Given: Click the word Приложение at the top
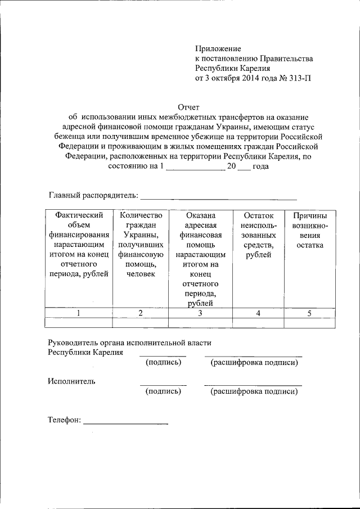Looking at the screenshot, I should (x=218, y=49).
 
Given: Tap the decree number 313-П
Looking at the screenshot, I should (x=298, y=78).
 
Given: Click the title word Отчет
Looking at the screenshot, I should (x=188, y=107).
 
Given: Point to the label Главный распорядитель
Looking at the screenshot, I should (x=93, y=195).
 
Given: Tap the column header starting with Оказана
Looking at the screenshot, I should (x=201, y=259).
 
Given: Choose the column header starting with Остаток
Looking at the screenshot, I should (x=259, y=235).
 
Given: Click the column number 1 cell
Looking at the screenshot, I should (x=78, y=313).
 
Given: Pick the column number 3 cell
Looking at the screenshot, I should (x=201, y=313).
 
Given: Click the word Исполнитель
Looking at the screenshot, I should (x=71, y=381).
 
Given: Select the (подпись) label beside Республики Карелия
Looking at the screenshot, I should (x=163, y=362).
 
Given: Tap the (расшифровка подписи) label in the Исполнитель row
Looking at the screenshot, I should (x=254, y=391).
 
